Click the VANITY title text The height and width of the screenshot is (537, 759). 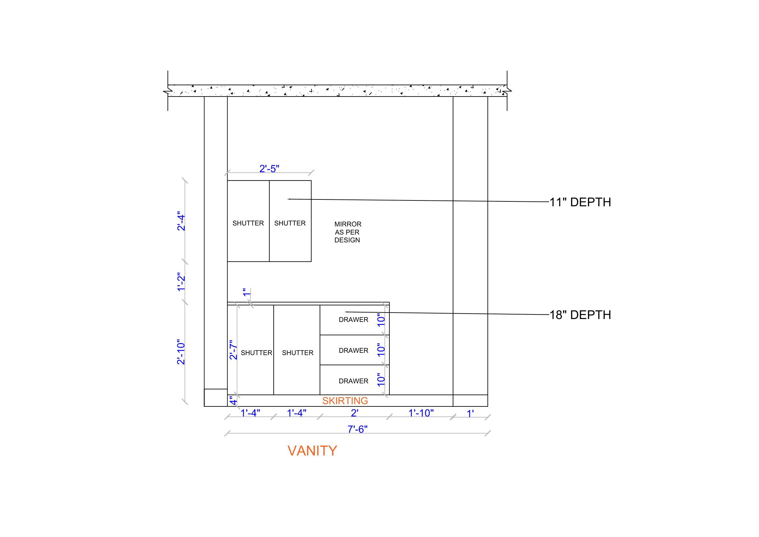tap(312, 451)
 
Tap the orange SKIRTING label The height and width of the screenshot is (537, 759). tap(345, 401)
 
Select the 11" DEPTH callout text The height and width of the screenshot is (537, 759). tap(580, 202)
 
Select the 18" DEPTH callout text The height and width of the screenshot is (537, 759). tap(580, 315)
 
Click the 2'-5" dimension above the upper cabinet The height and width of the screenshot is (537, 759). tap(269, 169)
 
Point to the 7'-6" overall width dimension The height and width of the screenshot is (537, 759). tap(357, 429)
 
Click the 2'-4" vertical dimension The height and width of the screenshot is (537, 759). tap(181, 221)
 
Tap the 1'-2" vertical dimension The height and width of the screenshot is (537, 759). tap(181, 282)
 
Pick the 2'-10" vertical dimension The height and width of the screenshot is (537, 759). tap(181, 352)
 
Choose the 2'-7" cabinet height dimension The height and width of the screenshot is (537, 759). tap(233, 350)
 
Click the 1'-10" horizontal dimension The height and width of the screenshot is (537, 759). tap(421, 413)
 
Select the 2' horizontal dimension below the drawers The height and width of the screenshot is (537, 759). tap(354, 413)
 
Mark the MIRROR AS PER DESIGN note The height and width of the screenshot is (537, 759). tap(348, 232)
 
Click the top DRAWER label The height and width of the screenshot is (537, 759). tap(353, 320)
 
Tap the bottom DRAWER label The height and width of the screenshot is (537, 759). tap(353, 381)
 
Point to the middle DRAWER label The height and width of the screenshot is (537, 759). tap(353, 351)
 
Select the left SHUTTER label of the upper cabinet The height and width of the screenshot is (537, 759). tap(248, 223)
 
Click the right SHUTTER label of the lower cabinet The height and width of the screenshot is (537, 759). tap(298, 353)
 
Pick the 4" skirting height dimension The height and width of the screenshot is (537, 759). tap(233, 401)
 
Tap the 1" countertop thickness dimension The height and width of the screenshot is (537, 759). tap(247, 292)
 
